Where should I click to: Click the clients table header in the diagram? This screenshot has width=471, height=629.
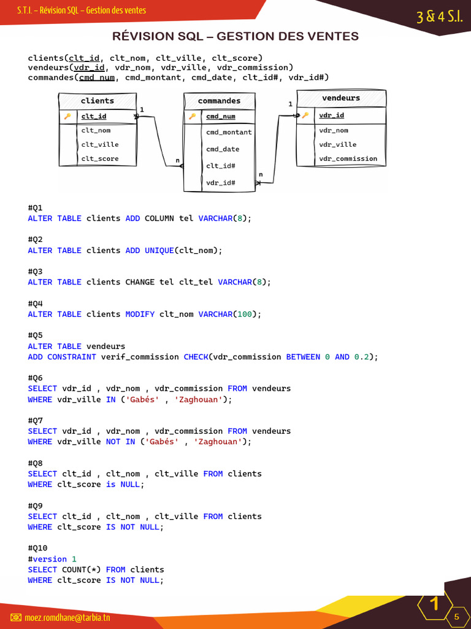[98, 101]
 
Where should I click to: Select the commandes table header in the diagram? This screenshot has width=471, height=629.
[219, 101]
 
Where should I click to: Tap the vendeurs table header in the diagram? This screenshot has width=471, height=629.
[341, 98]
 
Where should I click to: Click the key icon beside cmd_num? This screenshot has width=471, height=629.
[192, 116]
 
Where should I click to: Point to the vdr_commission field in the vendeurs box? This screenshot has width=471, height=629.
[348, 158]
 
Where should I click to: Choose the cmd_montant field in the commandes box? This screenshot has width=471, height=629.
[229, 132]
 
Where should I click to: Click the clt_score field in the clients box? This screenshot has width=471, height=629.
[100, 158]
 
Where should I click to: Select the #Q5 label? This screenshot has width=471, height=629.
[36, 335]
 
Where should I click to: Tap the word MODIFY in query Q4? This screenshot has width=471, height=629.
[140, 314]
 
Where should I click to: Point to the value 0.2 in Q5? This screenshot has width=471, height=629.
[362, 357]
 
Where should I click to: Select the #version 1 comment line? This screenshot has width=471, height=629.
[52, 559]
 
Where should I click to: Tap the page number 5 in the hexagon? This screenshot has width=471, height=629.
[456, 617]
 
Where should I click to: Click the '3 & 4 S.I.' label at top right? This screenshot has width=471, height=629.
[439, 17]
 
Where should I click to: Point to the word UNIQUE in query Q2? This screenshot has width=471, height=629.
[159, 250]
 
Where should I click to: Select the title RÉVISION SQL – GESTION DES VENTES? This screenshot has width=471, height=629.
[235, 37]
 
